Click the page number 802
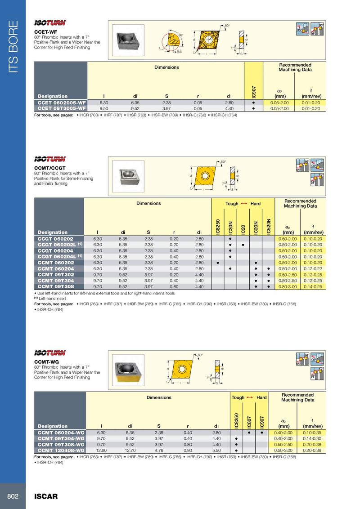13,496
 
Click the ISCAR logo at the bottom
46,496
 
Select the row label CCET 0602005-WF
61,103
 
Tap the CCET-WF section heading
46,32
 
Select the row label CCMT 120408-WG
61,450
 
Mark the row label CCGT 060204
56,250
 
